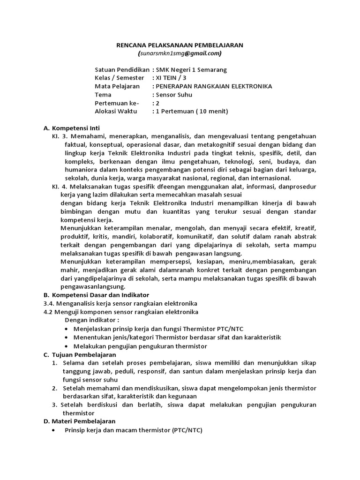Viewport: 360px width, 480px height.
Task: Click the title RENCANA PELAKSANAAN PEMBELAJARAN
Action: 180,45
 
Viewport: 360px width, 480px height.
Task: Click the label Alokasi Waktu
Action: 117,111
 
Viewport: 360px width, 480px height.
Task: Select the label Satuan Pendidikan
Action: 122,69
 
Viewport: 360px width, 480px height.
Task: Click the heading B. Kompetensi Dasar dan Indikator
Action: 96,295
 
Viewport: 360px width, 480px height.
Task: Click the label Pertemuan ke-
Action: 114,103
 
